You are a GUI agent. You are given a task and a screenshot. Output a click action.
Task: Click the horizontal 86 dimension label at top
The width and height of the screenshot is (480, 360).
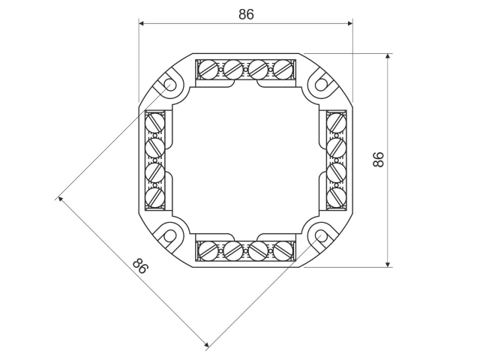(247, 14)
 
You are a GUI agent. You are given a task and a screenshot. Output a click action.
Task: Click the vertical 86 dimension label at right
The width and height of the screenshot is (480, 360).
(378, 160)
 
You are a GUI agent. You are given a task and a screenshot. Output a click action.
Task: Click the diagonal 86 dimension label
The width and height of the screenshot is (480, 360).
(140, 265)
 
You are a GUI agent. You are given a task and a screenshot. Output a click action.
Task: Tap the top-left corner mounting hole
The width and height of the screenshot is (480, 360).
(170, 85)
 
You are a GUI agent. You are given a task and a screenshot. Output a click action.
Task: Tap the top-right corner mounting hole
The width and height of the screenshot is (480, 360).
(321, 84)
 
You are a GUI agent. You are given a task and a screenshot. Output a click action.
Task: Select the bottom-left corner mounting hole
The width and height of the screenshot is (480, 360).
(170, 236)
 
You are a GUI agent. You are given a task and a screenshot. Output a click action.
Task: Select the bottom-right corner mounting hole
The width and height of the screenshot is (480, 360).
(321, 236)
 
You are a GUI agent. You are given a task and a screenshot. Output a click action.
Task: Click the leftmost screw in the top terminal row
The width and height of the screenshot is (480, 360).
(208, 68)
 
